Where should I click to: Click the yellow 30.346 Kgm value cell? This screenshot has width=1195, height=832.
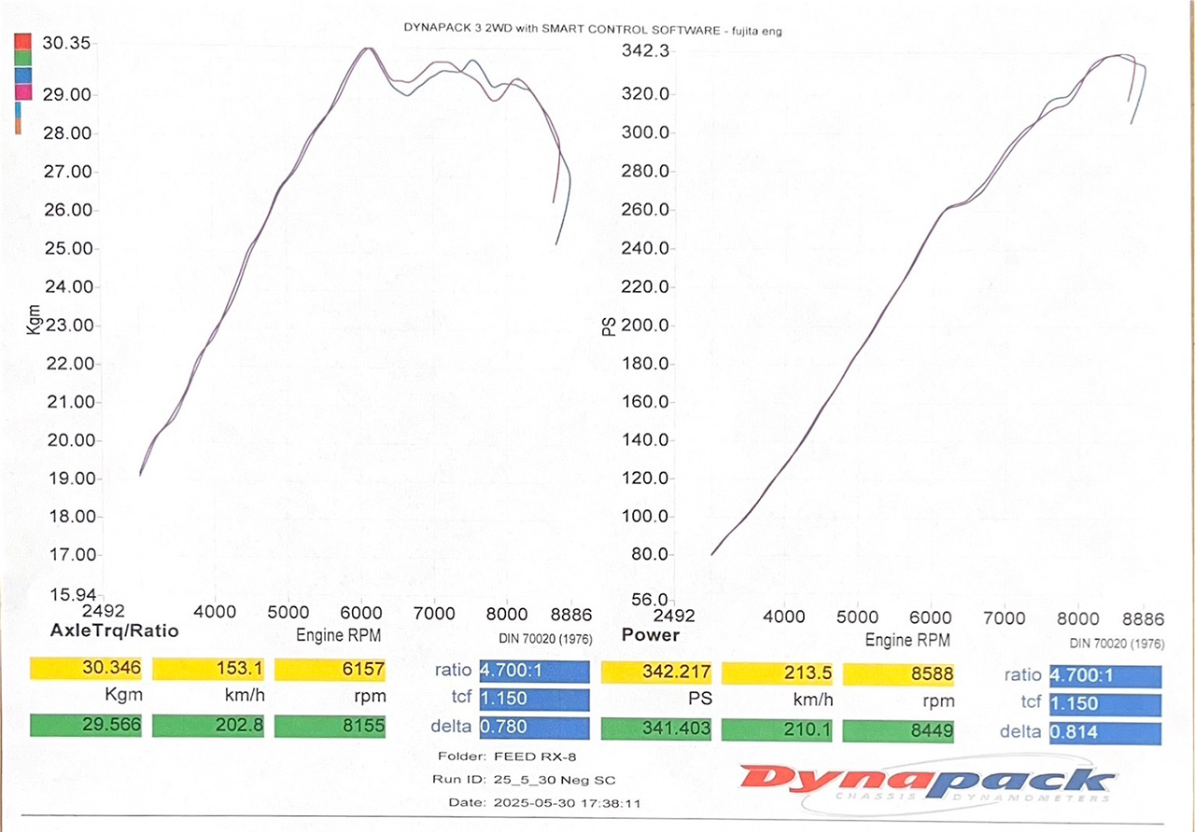tap(85, 669)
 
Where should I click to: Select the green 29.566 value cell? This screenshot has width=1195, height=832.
tap(85, 725)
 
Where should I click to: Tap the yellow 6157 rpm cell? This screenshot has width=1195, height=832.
tap(331, 669)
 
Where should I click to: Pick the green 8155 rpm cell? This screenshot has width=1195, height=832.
tap(331, 725)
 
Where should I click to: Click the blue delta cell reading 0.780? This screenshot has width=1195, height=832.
tap(534, 728)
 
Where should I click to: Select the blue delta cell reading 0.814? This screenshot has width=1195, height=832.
tap(1105, 733)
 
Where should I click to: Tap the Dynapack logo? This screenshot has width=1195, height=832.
tap(925, 782)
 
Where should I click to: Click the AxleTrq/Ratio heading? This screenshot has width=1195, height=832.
tap(104, 631)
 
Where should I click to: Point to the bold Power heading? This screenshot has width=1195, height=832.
tap(651, 635)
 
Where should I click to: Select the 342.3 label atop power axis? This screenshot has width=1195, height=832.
tap(645, 52)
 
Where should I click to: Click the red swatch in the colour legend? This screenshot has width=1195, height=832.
tap(24, 42)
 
